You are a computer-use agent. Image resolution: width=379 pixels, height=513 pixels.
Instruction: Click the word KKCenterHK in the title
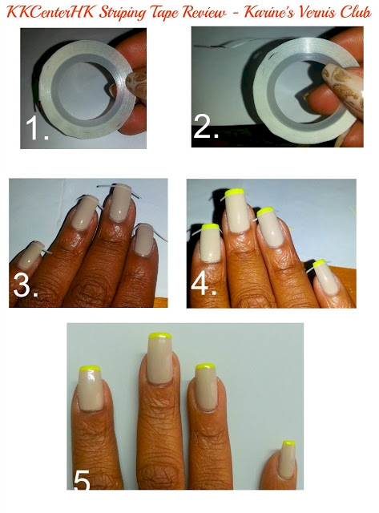point(50,13)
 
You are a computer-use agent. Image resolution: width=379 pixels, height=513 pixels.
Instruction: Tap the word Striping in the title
point(123,14)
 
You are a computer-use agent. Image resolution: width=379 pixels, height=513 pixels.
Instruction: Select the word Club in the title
point(356,12)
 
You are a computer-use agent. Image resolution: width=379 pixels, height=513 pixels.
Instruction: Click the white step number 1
point(36,128)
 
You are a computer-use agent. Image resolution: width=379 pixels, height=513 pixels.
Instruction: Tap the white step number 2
point(205,126)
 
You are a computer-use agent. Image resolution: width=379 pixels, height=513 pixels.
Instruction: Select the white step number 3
point(26,285)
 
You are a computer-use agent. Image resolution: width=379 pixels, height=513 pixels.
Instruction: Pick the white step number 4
point(204,284)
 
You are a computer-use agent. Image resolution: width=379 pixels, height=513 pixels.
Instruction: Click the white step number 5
point(82,481)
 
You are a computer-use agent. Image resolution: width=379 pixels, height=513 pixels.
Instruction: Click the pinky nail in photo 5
point(288,458)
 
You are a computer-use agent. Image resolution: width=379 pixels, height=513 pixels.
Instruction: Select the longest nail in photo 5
point(159,358)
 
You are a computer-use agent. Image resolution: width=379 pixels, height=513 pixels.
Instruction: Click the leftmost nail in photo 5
point(90,388)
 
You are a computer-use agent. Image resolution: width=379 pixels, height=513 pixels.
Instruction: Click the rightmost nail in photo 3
point(144,240)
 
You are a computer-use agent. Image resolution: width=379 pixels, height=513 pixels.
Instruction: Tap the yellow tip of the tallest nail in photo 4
point(235,192)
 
